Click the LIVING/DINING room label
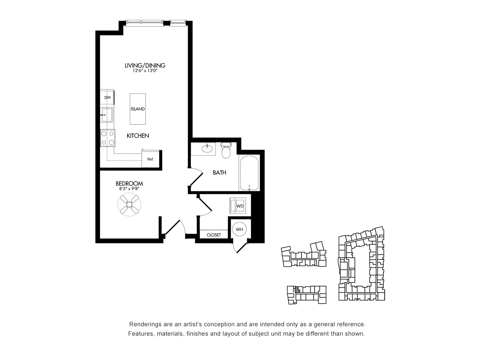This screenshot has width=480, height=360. pyautogui.click(x=145, y=65)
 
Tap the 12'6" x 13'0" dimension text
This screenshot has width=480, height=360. pyautogui.click(x=145, y=71)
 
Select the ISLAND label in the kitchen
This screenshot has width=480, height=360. pyautogui.click(x=138, y=109)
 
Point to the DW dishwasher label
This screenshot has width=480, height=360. pyautogui.click(x=107, y=98)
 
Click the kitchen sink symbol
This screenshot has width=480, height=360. pyautogui.click(x=107, y=115)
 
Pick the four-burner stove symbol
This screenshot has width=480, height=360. pyautogui.click(x=108, y=138)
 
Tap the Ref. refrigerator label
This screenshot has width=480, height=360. pyautogui.click(x=150, y=159)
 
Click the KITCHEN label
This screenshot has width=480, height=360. pyautogui.click(x=138, y=136)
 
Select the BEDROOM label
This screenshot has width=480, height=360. pyautogui.click(x=129, y=184)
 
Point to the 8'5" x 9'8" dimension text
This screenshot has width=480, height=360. pyautogui.click(x=129, y=189)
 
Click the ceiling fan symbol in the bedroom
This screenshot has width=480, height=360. pyautogui.click(x=129, y=205)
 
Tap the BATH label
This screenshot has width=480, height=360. pyautogui.click(x=219, y=172)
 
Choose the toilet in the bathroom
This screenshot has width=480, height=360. pyautogui.click(x=226, y=150)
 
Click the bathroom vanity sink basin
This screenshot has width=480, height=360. pyautogui.click(x=207, y=148)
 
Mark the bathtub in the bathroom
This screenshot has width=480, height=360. pyautogui.click(x=249, y=173)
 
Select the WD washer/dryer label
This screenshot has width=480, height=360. pyautogui.click(x=240, y=206)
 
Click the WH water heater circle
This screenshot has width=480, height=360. pyautogui.click(x=240, y=229)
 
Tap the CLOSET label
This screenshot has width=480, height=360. pyautogui.click(x=214, y=235)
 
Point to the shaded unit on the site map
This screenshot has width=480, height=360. pyautogui.click(x=297, y=290)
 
